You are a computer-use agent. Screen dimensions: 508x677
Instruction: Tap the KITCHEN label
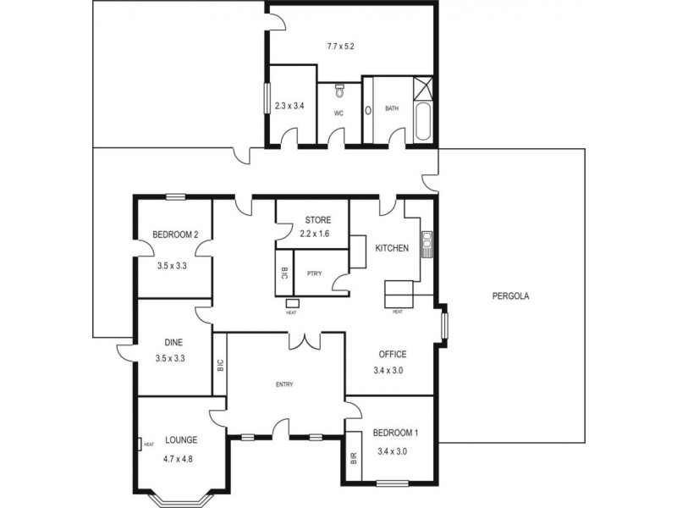[x=393, y=248]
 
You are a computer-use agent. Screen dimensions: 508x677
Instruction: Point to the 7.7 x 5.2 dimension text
[x=339, y=46]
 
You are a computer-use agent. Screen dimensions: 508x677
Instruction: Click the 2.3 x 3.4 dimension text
[x=289, y=107]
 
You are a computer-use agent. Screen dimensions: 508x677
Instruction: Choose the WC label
[x=338, y=113]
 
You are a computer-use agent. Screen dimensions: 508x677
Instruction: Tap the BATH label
[x=392, y=108]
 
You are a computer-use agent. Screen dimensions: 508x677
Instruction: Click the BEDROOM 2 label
[x=175, y=235]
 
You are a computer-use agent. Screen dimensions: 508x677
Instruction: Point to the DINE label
[x=173, y=343]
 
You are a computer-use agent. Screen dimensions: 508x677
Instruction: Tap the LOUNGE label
[x=181, y=439]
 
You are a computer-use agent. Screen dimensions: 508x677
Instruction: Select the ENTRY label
[x=284, y=385]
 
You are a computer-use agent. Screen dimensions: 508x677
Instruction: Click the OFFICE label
[x=393, y=354]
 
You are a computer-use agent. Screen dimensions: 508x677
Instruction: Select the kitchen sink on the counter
[x=428, y=243]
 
